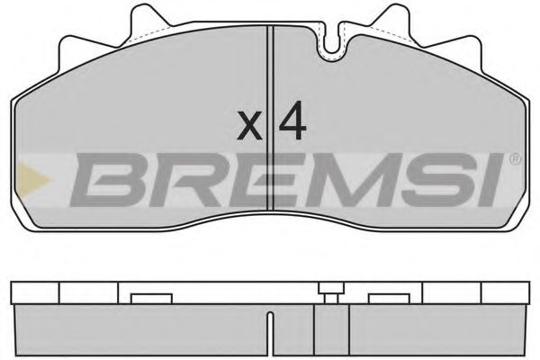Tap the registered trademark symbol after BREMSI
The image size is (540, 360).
tap(514, 160)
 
